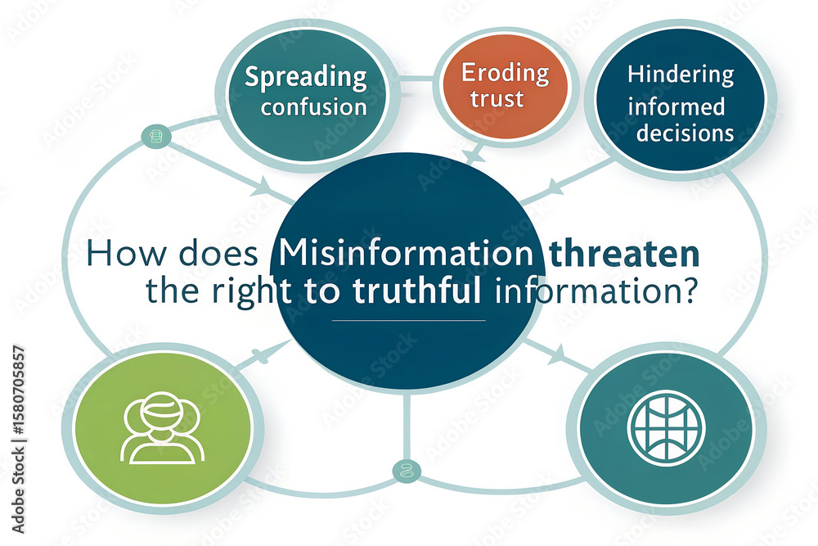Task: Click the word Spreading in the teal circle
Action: pyautogui.click(x=306, y=78)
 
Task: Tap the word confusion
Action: pyautogui.click(x=314, y=107)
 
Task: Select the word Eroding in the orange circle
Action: pyautogui.click(x=505, y=74)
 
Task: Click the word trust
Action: pyautogui.click(x=497, y=99)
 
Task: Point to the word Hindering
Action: pyautogui.click(x=681, y=75)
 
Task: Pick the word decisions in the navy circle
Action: pyautogui.click(x=685, y=133)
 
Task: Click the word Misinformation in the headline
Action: pyautogui.click(x=406, y=253)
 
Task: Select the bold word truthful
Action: pyautogui.click(x=416, y=291)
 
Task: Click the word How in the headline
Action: pyautogui.click(x=127, y=253)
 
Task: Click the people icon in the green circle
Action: pyautogui.click(x=162, y=427)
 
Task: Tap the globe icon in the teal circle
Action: pyautogui.click(x=666, y=427)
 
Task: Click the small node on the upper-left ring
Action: pyautogui.click(x=156, y=137)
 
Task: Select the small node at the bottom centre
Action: pyautogui.click(x=407, y=472)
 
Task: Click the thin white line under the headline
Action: pyautogui.click(x=408, y=320)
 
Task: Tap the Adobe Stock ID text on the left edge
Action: pyautogui.click(x=18, y=439)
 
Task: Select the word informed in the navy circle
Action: pyautogui.click(x=676, y=106)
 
